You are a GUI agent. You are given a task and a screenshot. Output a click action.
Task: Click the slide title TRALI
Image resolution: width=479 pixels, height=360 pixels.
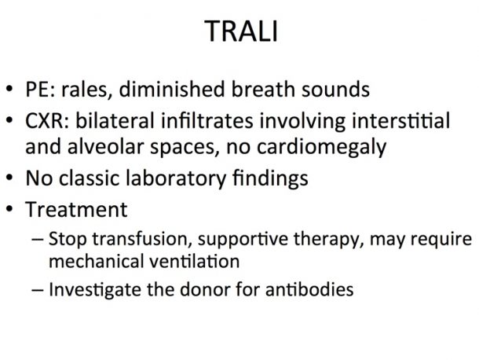click(x=241, y=31)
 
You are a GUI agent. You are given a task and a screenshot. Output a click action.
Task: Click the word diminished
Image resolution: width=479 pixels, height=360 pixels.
click(x=172, y=89)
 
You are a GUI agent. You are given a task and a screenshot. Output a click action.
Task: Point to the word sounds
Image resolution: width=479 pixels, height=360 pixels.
click(x=335, y=90)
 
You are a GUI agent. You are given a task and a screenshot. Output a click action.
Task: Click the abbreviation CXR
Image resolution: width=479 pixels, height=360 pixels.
click(x=47, y=120)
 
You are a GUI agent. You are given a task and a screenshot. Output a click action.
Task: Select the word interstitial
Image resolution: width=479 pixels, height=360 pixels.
click(x=400, y=120)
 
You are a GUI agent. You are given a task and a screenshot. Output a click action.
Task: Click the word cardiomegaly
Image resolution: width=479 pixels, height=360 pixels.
click(x=322, y=148)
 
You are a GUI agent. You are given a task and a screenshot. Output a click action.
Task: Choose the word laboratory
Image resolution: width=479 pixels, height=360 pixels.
click(x=176, y=178)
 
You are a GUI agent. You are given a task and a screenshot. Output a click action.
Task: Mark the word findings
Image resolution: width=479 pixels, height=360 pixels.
click(x=270, y=178)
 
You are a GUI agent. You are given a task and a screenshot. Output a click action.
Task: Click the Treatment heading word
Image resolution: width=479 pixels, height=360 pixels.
click(x=76, y=210)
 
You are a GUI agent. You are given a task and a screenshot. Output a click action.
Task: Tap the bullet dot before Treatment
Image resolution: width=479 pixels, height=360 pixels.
click(x=9, y=209)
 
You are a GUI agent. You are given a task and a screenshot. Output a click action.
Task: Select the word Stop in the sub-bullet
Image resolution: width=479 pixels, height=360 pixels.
click(x=68, y=239)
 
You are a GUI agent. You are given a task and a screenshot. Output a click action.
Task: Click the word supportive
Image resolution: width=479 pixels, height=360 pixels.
click(x=243, y=239)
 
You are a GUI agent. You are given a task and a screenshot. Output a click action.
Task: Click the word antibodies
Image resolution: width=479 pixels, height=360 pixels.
click(x=309, y=289)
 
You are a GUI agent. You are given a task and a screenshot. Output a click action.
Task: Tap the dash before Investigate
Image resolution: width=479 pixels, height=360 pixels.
click(x=37, y=290)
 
